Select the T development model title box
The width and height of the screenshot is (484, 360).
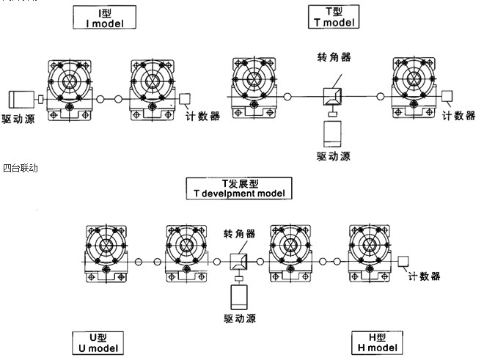pos(238,188)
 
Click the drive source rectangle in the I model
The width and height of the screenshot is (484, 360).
pos(20,100)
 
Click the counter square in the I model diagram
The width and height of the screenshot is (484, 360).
pos(184,98)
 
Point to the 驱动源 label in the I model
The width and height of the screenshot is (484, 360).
pos(21,118)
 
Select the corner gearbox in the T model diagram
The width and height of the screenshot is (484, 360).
pos(333,96)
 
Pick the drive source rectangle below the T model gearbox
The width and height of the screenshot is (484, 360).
pos(334,135)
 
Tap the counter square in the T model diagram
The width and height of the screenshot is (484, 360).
pos(447,95)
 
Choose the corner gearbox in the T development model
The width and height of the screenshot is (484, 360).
pos(239,262)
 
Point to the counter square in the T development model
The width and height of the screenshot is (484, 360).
pos(403,260)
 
